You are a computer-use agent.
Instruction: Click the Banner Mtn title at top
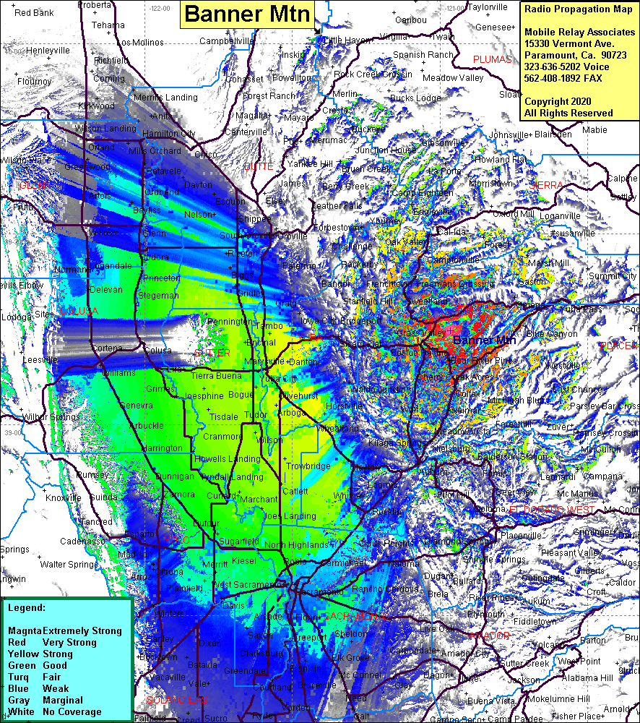pos(248,14)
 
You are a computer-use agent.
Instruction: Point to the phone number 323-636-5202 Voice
pos(566,67)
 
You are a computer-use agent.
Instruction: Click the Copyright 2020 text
pos(557,101)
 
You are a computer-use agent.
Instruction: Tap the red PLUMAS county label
pos(492,59)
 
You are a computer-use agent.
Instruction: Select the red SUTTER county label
pos(212,353)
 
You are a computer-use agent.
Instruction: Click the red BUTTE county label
pos(258,166)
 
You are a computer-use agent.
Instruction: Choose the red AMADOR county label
pos(489,636)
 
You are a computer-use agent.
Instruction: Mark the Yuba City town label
pos(278,378)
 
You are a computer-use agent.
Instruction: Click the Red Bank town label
pos(34,13)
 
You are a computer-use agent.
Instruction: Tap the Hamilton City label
pos(168,134)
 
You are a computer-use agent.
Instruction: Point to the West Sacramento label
pos(242,584)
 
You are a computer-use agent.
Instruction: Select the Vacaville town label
pos(167,677)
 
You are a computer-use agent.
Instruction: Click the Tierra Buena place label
pos(216,375)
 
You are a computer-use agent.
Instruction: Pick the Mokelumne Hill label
pos(558,699)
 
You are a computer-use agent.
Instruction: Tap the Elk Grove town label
pos(351,658)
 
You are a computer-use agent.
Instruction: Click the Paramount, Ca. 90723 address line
pos(575,55)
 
